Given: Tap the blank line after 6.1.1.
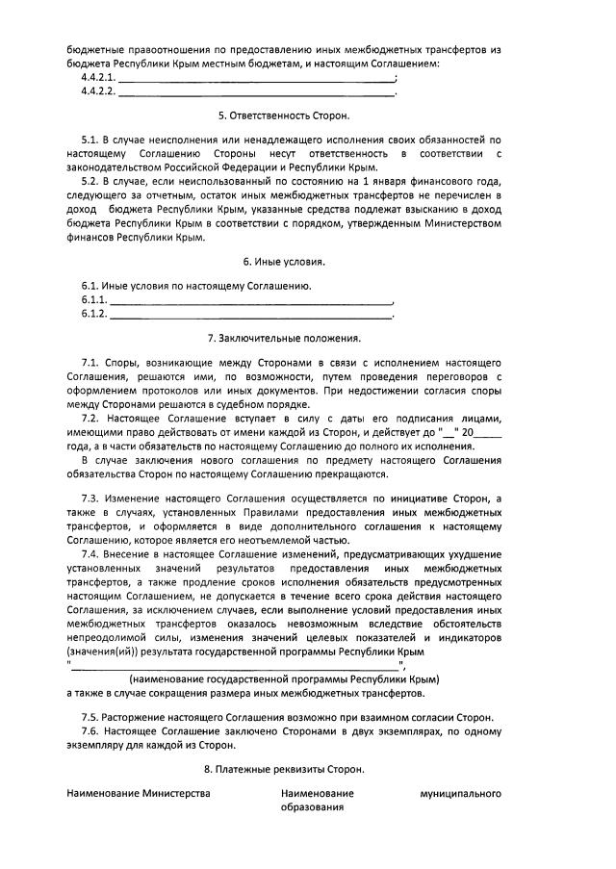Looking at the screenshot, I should pyautogui.click(x=252, y=301).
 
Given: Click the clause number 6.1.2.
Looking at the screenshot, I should pyautogui.click(x=93, y=315).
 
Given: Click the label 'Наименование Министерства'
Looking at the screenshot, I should pyautogui.click(x=139, y=794).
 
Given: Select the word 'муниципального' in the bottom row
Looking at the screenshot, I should pyautogui.click(x=460, y=794).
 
